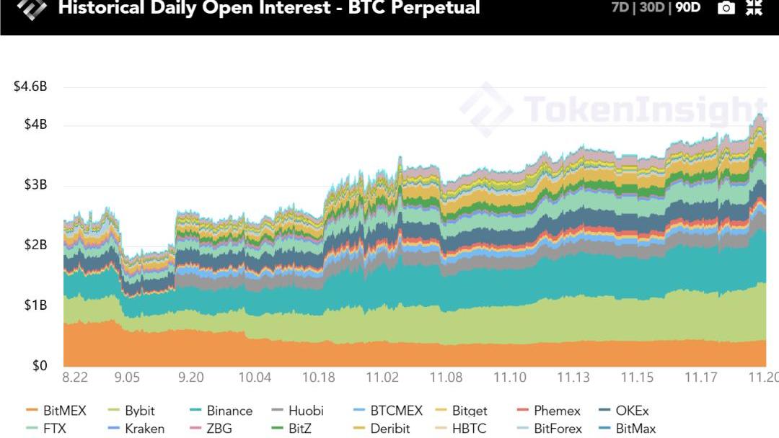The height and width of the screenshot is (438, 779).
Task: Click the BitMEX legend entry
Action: (56, 411)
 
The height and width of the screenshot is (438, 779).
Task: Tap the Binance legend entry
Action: (221, 411)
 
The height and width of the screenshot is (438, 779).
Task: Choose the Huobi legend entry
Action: (297, 411)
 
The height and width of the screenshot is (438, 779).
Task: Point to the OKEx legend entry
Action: (624, 411)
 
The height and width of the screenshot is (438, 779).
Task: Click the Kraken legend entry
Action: (136, 429)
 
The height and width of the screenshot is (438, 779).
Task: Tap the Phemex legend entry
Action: (548, 411)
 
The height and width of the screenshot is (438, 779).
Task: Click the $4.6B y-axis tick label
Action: (30, 87)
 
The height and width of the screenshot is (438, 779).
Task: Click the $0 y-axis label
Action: (39, 365)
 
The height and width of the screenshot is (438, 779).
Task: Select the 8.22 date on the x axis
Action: (75, 377)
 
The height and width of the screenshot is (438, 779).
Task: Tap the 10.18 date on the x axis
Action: (318, 377)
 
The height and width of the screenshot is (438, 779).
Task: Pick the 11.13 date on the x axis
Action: (573, 377)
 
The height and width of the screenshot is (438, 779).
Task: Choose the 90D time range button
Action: (687, 9)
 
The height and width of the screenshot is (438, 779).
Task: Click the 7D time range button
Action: (620, 9)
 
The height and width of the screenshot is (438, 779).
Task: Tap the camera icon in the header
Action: (726, 8)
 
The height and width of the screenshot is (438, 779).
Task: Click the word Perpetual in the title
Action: (430, 9)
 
